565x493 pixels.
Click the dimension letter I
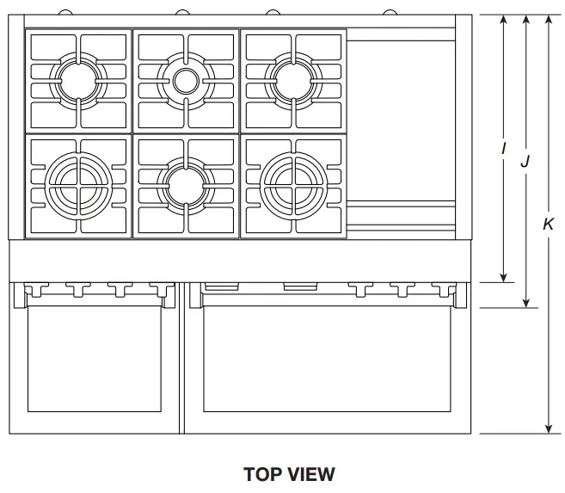click(x=504, y=148)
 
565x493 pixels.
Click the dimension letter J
click(x=525, y=160)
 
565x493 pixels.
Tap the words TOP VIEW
click(x=289, y=474)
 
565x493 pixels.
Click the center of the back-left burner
click(x=78, y=81)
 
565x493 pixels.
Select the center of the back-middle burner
click(x=186, y=81)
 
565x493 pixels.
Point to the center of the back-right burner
click(x=293, y=81)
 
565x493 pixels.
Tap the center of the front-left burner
click(x=78, y=183)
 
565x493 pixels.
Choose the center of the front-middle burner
click(x=186, y=183)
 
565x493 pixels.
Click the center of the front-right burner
click(x=293, y=183)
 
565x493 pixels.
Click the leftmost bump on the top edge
click(x=66, y=12)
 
